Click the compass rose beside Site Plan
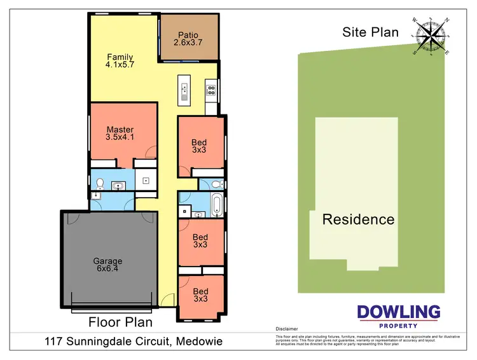[x=431, y=36]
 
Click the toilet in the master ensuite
[x=99, y=184]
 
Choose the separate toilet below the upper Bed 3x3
[x=215, y=184]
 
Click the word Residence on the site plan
[x=358, y=219]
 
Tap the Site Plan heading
[x=370, y=32]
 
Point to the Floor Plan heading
[x=120, y=322]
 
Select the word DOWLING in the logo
[x=398, y=312]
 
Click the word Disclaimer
[x=287, y=329]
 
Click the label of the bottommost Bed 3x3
[x=201, y=295]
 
